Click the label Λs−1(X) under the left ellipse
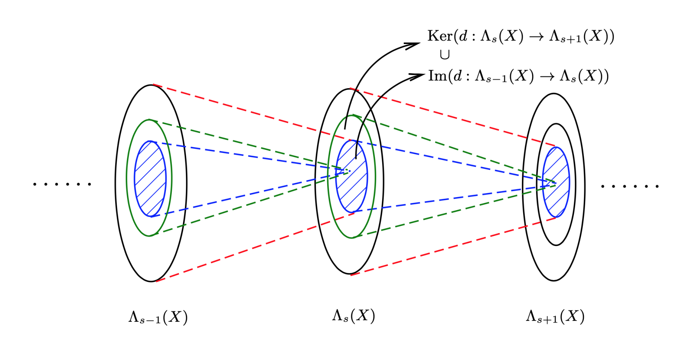tap(158, 317)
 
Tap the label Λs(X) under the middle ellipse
tap(353, 315)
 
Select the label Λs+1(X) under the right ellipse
tap(555, 316)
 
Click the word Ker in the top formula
tap(439, 36)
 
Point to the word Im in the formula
tap(437, 76)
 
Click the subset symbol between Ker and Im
tap(444, 55)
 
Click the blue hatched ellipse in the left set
tap(150, 179)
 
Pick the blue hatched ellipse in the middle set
tap(352, 176)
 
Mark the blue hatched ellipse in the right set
tap(556, 182)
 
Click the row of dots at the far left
tap(62, 184)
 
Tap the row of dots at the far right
tap(630, 186)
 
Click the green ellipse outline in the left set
tap(127, 178)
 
